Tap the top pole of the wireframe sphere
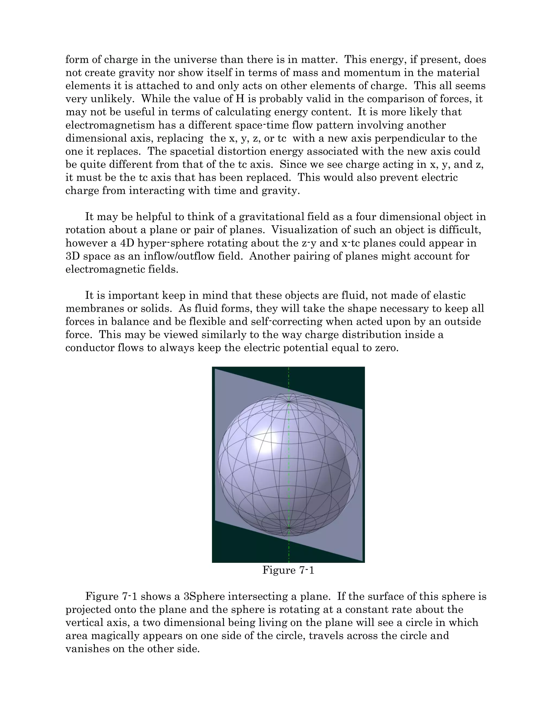[289, 402]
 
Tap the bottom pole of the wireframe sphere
[289, 528]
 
